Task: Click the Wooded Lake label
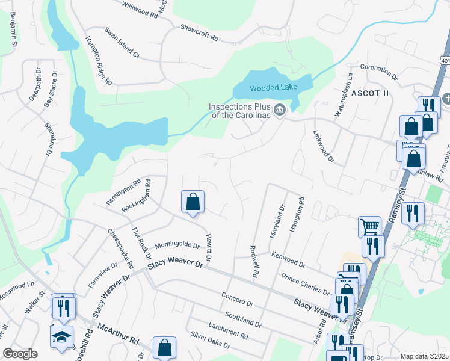[x=273, y=88]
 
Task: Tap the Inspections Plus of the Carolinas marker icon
[x=279, y=110]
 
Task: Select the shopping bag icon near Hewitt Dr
[x=193, y=202]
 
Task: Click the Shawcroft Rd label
[x=199, y=32]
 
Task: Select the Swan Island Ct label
[x=122, y=43]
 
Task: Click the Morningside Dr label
[x=177, y=245]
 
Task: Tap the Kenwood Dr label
[x=288, y=259]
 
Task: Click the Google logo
[x=20, y=354]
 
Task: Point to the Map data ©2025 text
[x=424, y=356]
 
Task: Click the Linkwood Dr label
[x=323, y=147]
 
